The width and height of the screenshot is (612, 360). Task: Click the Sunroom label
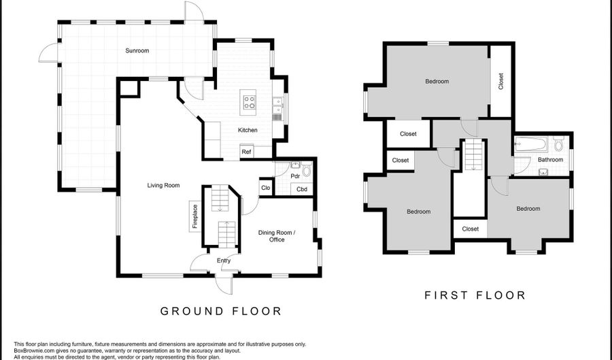click(x=137, y=50)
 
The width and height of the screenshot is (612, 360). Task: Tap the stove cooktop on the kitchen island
click(x=250, y=103)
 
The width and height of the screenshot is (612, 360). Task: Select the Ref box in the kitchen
click(x=246, y=152)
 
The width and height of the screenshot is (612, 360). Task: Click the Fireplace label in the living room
click(x=194, y=216)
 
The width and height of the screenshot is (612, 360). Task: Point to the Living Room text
click(x=164, y=185)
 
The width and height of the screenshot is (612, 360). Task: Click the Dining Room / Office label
click(x=276, y=235)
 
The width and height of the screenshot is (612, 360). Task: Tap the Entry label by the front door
click(x=224, y=261)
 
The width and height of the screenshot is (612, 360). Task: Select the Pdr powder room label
click(x=295, y=176)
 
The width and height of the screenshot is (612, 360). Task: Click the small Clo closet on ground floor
click(x=265, y=188)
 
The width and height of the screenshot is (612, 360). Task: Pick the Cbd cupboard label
click(x=302, y=189)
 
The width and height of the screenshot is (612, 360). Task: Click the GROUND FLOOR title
click(x=220, y=311)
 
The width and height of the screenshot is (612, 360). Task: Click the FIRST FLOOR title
click(x=475, y=295)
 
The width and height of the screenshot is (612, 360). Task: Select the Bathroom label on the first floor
click(x=550, y=160)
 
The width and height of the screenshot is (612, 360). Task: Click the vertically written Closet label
click(x=501, y=82)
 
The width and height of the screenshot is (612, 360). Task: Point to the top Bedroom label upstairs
click(x=437, y=82)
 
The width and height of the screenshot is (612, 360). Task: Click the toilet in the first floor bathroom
click(x=559, y=144)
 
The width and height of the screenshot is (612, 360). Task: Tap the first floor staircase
click(x=473, y=155)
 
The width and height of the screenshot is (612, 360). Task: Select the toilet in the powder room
click(x=306, y=170)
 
